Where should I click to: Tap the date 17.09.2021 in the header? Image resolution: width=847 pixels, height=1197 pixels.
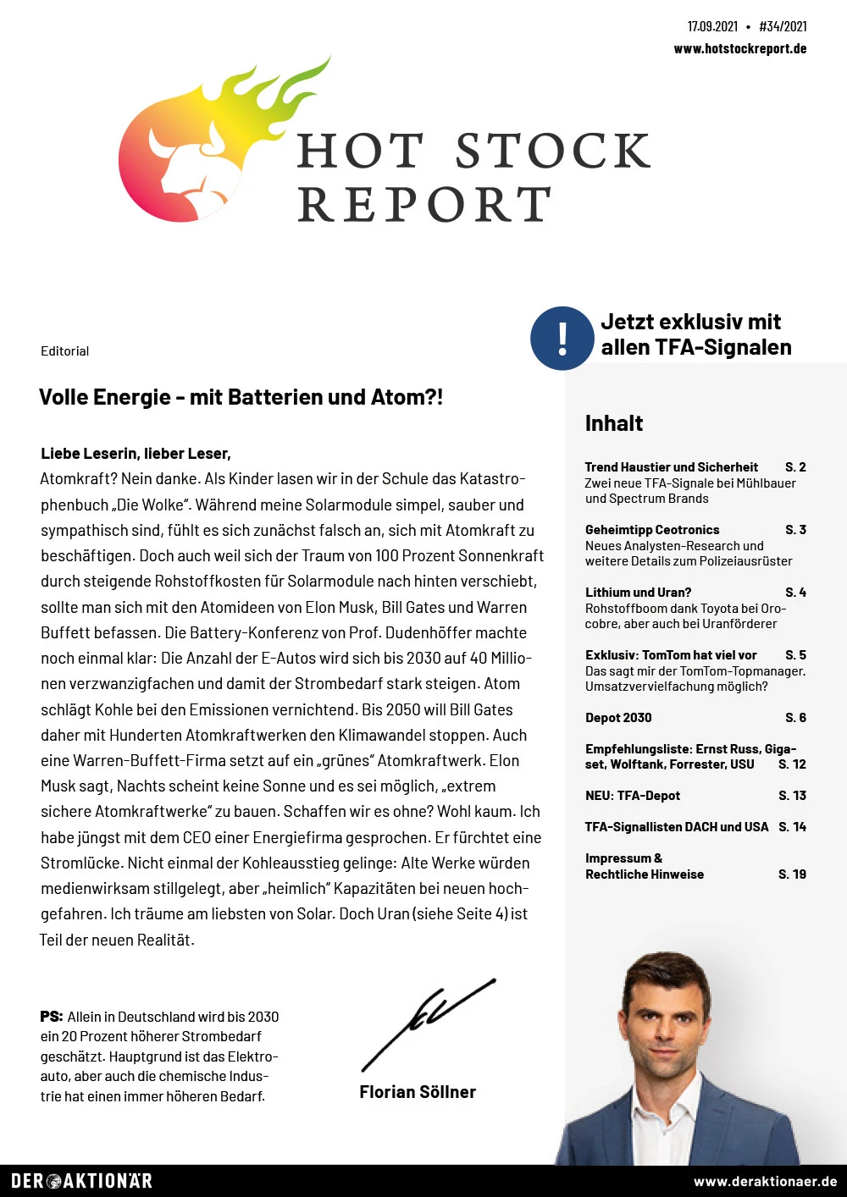click(x=712, y=26)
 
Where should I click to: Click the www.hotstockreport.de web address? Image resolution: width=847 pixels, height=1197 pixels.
click(x=739, y=48)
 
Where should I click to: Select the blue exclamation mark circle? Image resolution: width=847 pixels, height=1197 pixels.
click(x=562, y=338)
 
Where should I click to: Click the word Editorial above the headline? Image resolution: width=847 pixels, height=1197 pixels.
click(x=64, y=350)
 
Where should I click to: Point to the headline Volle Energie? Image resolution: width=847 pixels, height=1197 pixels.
click(x=241, y=397)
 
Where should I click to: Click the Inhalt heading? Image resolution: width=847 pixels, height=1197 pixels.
click(x=614, y=423)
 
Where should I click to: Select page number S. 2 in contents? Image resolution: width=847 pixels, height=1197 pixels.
click(x=795, y=466)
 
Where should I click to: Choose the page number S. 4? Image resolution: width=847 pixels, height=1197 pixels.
click(x=795, y=592)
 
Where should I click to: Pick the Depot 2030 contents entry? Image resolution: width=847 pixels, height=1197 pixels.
click(x=618, y=717)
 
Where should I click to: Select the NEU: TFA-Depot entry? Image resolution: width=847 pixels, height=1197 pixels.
click(x=632, y=795)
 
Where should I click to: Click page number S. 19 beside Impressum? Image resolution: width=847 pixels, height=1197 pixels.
click(x=792, y=874)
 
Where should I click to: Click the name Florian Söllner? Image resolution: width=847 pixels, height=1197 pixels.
click(x=418, y=1092)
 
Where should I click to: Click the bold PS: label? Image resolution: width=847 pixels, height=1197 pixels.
click(x=51, y=1016)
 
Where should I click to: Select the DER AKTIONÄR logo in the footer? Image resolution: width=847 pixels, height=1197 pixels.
click(x=81, y=1181)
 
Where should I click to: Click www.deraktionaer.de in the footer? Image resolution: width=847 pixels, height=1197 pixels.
click(x=765, y=1181)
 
